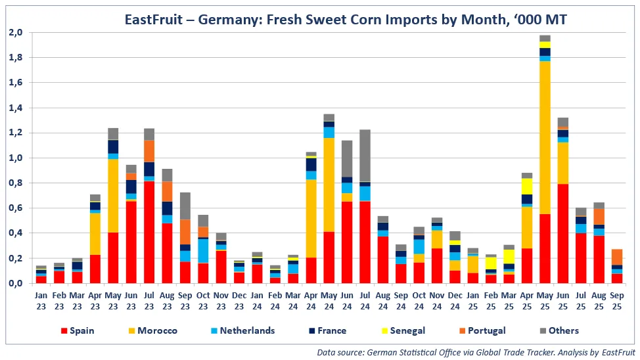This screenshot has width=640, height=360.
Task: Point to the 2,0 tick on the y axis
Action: tap(16, 32)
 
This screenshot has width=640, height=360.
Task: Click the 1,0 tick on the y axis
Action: tap(16, 158)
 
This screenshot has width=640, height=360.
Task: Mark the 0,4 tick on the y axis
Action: tap(16, 233)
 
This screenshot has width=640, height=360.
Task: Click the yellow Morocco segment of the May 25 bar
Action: tap(545, 138)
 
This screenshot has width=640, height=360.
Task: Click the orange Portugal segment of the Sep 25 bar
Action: tap(616, 257)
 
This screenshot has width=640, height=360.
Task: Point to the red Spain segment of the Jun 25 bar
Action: tap(562, 233)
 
